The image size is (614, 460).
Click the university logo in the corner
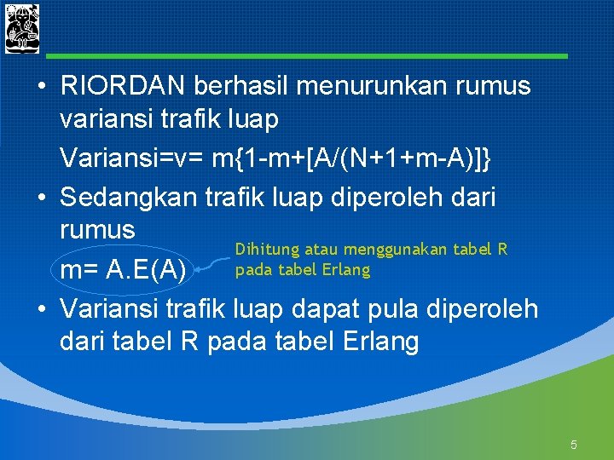(x=22, y=28)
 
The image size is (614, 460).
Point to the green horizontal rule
(x=307, y=56)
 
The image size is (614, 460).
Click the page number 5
(x=574, y=444)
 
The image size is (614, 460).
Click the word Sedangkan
(x=130, y=197)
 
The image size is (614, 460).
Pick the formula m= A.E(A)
(x=124, y=271)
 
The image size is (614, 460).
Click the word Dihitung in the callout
(x=264, y=250)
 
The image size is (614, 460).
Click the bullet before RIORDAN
(x=41, y=88)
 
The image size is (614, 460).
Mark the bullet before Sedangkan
(x=41, y=198)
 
